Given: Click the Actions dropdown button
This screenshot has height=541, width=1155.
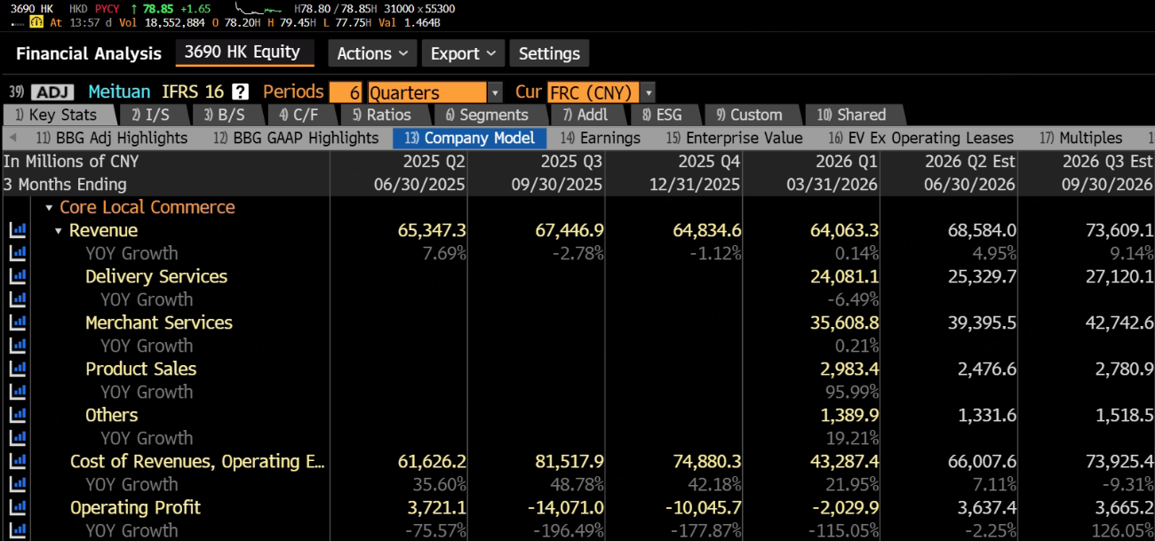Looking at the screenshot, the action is [x=372, y=53].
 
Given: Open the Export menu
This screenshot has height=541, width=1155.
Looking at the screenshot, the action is [x=463, y=53].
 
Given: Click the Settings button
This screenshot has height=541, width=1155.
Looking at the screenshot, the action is [x=549, y=53].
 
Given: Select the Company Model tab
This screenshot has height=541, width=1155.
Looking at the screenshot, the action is [x=469, y=138].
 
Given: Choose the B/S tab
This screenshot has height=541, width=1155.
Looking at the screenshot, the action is [x=224, y=115].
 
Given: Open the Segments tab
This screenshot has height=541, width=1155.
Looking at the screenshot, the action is [x=487, y=115].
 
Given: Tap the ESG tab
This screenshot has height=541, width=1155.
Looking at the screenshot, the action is [x=662, y=115].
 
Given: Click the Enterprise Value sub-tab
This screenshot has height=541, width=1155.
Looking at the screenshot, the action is [x=734, y=138].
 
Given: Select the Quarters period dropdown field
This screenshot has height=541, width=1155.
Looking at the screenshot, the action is [x=427, y=92].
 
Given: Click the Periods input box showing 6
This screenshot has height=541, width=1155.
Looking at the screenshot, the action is [x=346, y=92].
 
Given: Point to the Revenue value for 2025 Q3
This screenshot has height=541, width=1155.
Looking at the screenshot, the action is [x=569, y=230].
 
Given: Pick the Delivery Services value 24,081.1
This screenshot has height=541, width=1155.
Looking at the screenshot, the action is [x=844, y=276].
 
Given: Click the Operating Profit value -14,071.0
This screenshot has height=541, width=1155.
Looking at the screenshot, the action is [x=565, y=507].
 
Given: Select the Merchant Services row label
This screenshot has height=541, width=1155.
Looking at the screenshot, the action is [x=159, y=322].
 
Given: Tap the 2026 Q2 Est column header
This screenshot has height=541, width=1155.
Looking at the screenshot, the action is [x=969, y=162].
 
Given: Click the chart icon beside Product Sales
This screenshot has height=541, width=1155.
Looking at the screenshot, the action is [x=18, y=369].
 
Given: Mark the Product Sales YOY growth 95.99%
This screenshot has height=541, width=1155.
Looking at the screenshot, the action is [x=852, y=392].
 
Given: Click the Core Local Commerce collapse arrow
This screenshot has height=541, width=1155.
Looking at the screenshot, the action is [x=49, y=207].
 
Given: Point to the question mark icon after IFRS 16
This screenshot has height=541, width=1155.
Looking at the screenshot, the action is [x=240, y=91].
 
